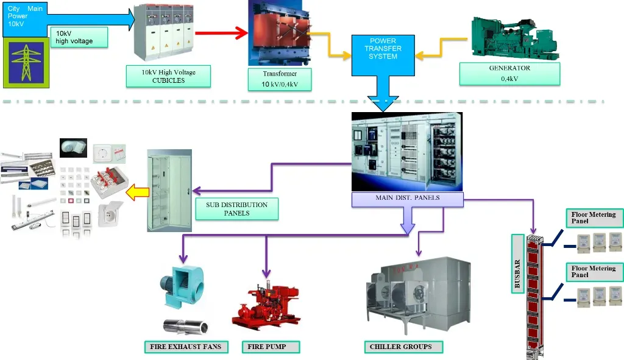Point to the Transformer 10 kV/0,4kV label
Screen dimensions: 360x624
[280, 79]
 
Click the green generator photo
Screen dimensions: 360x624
[515, 38]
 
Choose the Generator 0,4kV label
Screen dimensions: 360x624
[509, 73]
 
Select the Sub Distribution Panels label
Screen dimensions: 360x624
[236, 208]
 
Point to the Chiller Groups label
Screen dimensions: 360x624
[400, 347]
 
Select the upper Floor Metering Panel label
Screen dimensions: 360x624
[593, 217]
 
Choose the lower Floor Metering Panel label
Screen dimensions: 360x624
[593, 271]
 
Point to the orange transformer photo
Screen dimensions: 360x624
[274, 34]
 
